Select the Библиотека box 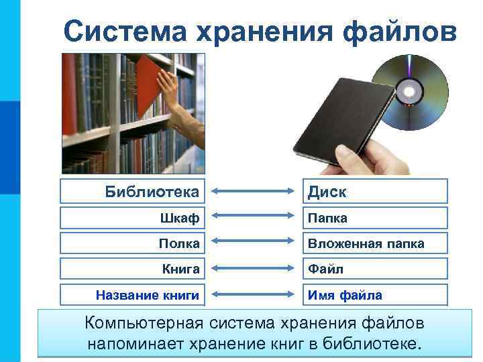click(135, 192)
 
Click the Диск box click(374, 192)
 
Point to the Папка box click(374, 218)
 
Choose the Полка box click(135, 243)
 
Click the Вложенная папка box click(374, 243)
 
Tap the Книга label click(135, 269)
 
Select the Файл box click(374, 269)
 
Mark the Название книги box click(135, 294)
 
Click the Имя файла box click(374, 294)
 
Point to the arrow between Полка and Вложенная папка click(254, 244)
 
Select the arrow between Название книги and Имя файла click(254, 295)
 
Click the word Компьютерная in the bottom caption click(143, 323)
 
